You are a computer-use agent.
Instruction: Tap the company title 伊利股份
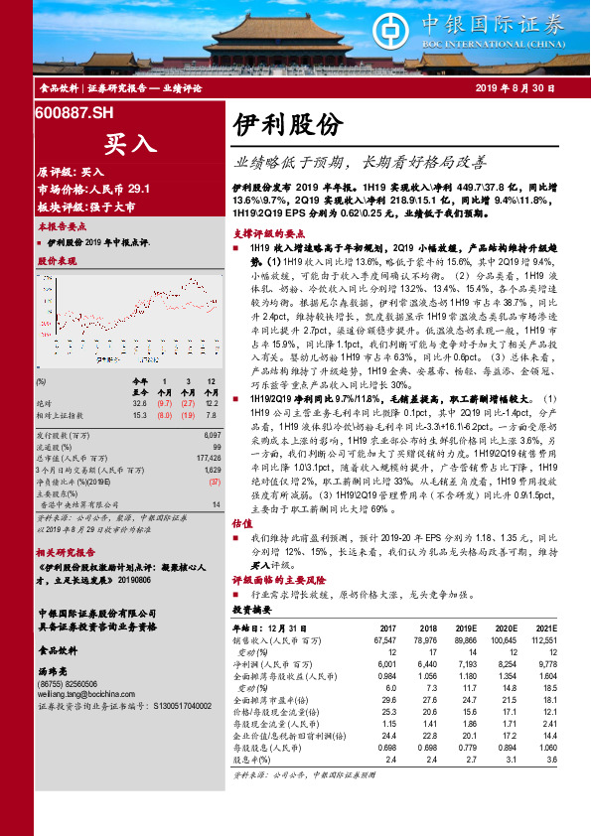[x=287, y=124]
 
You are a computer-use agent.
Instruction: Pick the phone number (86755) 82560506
[x=69, y=684]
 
